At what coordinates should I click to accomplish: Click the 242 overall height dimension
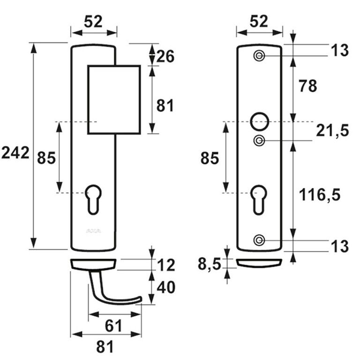[15, 153]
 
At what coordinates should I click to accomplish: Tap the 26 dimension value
[165, 57]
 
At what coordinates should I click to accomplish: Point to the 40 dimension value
[166, 287]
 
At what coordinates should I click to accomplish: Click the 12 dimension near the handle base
[166, 265]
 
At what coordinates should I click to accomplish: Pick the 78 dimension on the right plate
[307, 86]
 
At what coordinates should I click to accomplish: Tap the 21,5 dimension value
[332, 131]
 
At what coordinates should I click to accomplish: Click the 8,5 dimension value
[209, 265]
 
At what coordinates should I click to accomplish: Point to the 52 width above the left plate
[93, 21]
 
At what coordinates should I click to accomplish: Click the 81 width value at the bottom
[105, 347]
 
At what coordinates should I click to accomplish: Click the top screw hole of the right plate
[259, 56]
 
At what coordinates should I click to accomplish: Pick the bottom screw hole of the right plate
[258, 240]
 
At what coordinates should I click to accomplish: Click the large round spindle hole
[259, 120]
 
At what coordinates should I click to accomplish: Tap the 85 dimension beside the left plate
[46, 158]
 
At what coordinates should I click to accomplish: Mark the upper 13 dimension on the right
[338, 50]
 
